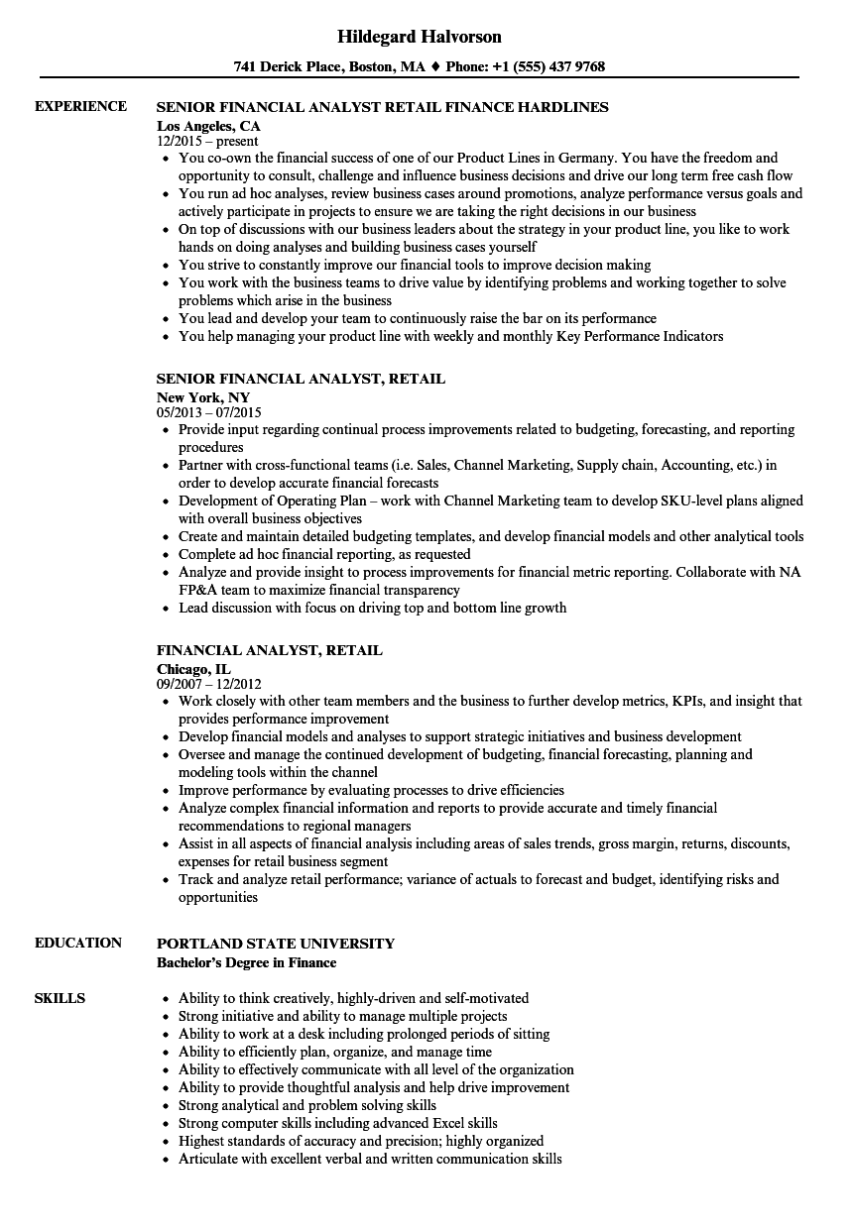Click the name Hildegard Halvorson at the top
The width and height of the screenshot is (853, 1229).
coord(420,37)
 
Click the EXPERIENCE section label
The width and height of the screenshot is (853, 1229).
coord(80,106)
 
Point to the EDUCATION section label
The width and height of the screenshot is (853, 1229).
coord(78,943)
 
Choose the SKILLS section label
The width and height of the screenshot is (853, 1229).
coord(60,998)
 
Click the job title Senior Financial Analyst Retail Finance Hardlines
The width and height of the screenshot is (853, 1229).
coord(383,107)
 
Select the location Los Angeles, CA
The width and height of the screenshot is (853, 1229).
coord(208,126)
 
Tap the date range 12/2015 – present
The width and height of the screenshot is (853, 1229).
coord(207,142)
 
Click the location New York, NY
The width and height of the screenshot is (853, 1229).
coord(203,397)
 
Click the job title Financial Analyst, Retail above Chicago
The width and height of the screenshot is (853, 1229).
coord(270,650)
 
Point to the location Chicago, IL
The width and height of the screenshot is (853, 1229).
coord(193,669)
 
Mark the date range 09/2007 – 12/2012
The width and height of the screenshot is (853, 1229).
coord(208,685)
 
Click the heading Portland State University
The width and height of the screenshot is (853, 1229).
coord(276,944)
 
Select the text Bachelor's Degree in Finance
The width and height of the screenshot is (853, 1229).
coord(246,962)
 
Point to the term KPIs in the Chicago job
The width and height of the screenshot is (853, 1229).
coord(691,701)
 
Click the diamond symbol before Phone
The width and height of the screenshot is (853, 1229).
coord(433,67)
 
